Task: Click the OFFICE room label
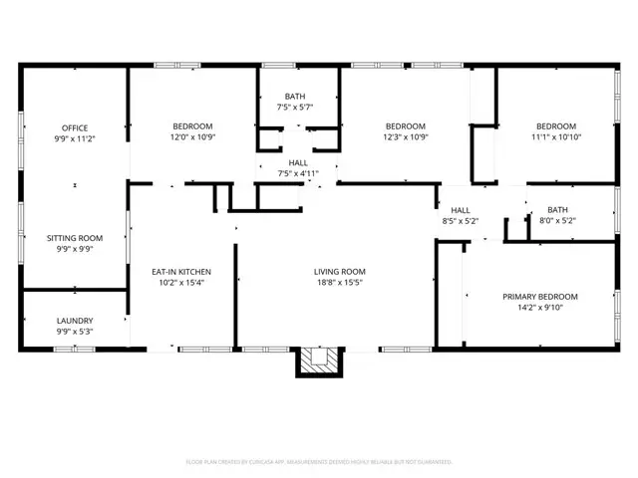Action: click(x=75, y=127)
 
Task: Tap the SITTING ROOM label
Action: click(x=75, y=239)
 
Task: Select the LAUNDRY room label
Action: click(x=75, y=321)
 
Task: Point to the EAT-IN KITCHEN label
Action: click(x=180, y=272)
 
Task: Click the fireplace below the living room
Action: click(x=318, y=362)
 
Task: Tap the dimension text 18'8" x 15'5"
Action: click(x=340, y=283)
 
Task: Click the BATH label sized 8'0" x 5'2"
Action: click(x=556, y=210)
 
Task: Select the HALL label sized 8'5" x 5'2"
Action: click(x=460, y=210)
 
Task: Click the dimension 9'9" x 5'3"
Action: click(x=75, y=332)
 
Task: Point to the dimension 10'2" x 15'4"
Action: click(x=180, y=283)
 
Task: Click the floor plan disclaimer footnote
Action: click(x=319, y=462)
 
